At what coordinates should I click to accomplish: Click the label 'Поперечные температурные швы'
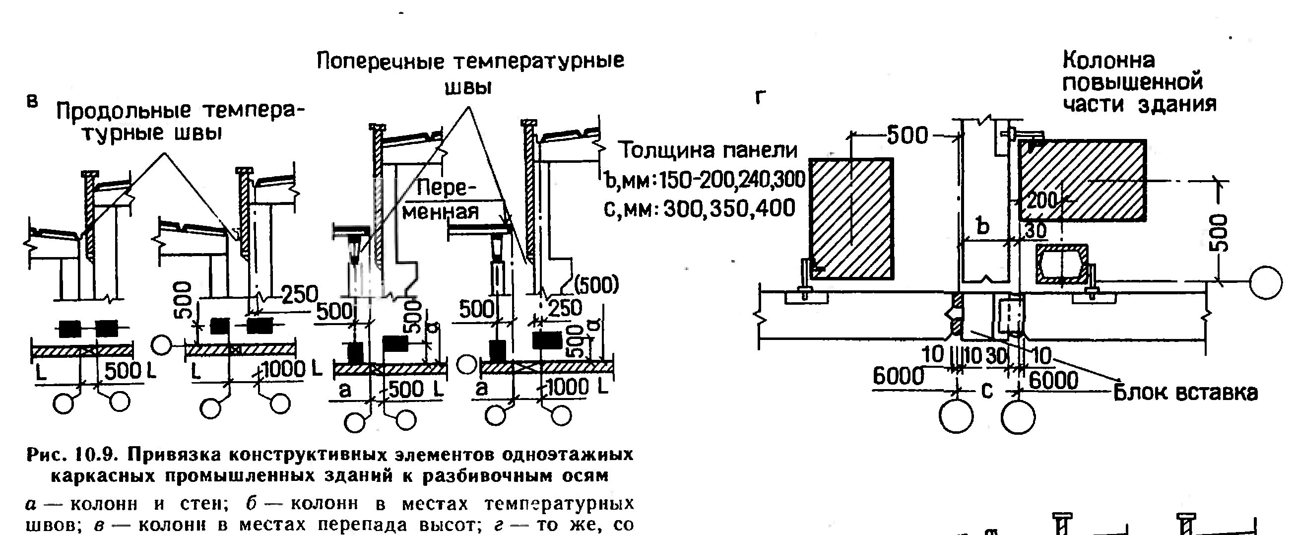tap(470, 73)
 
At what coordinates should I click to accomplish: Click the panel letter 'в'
tap(32, 101)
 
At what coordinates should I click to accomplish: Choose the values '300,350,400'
tap(729, 207)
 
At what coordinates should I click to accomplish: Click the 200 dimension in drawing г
tap(1041, 201)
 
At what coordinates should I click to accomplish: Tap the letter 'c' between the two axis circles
tap(987, 391)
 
